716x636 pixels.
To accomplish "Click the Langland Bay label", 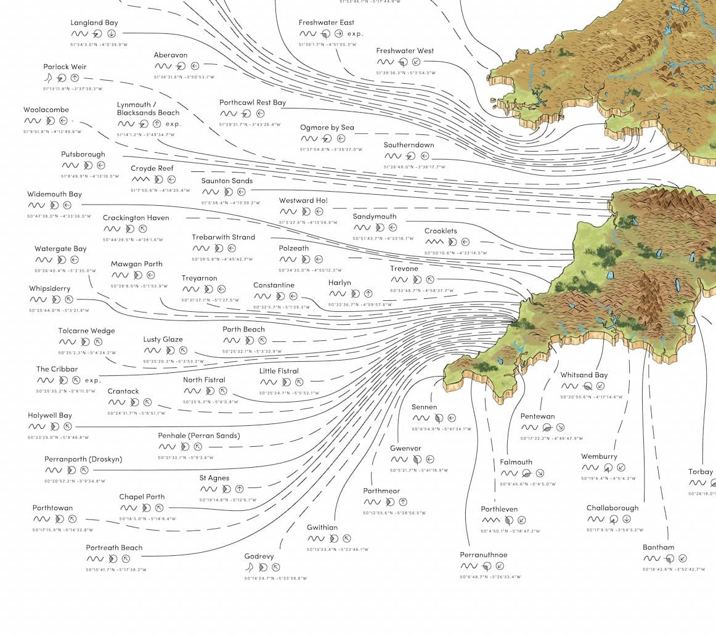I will [x=94, y=23].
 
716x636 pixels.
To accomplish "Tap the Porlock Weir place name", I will [x=65, y=67].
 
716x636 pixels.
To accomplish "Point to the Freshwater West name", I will [x=405, y=51].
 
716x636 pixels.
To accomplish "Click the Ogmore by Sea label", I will [x=327, y=128].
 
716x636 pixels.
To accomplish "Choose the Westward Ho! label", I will [x=303, y=200].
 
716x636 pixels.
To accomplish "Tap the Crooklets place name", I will [x=441, y=231].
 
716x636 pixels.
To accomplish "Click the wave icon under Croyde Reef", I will [x=140, y=179].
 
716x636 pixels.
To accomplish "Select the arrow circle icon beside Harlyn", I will [x=368, y=293].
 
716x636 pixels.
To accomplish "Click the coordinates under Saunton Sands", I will [x=230, y=202].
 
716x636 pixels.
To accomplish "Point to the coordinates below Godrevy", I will [x=275, y=578].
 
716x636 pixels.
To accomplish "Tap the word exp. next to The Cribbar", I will [x=92, y=380].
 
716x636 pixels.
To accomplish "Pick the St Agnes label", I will [x=214, y=478].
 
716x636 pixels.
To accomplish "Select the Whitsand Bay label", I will [x=584, y=375].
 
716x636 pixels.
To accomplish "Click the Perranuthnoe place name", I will [x=484, y=555].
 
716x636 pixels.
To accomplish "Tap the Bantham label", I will [x=658, y=547].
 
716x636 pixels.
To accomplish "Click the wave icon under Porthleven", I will [x=490, y=520].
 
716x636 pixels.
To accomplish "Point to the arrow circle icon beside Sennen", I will [x=452, y=418].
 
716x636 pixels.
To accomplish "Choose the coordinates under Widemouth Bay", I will [x=59, y=216].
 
